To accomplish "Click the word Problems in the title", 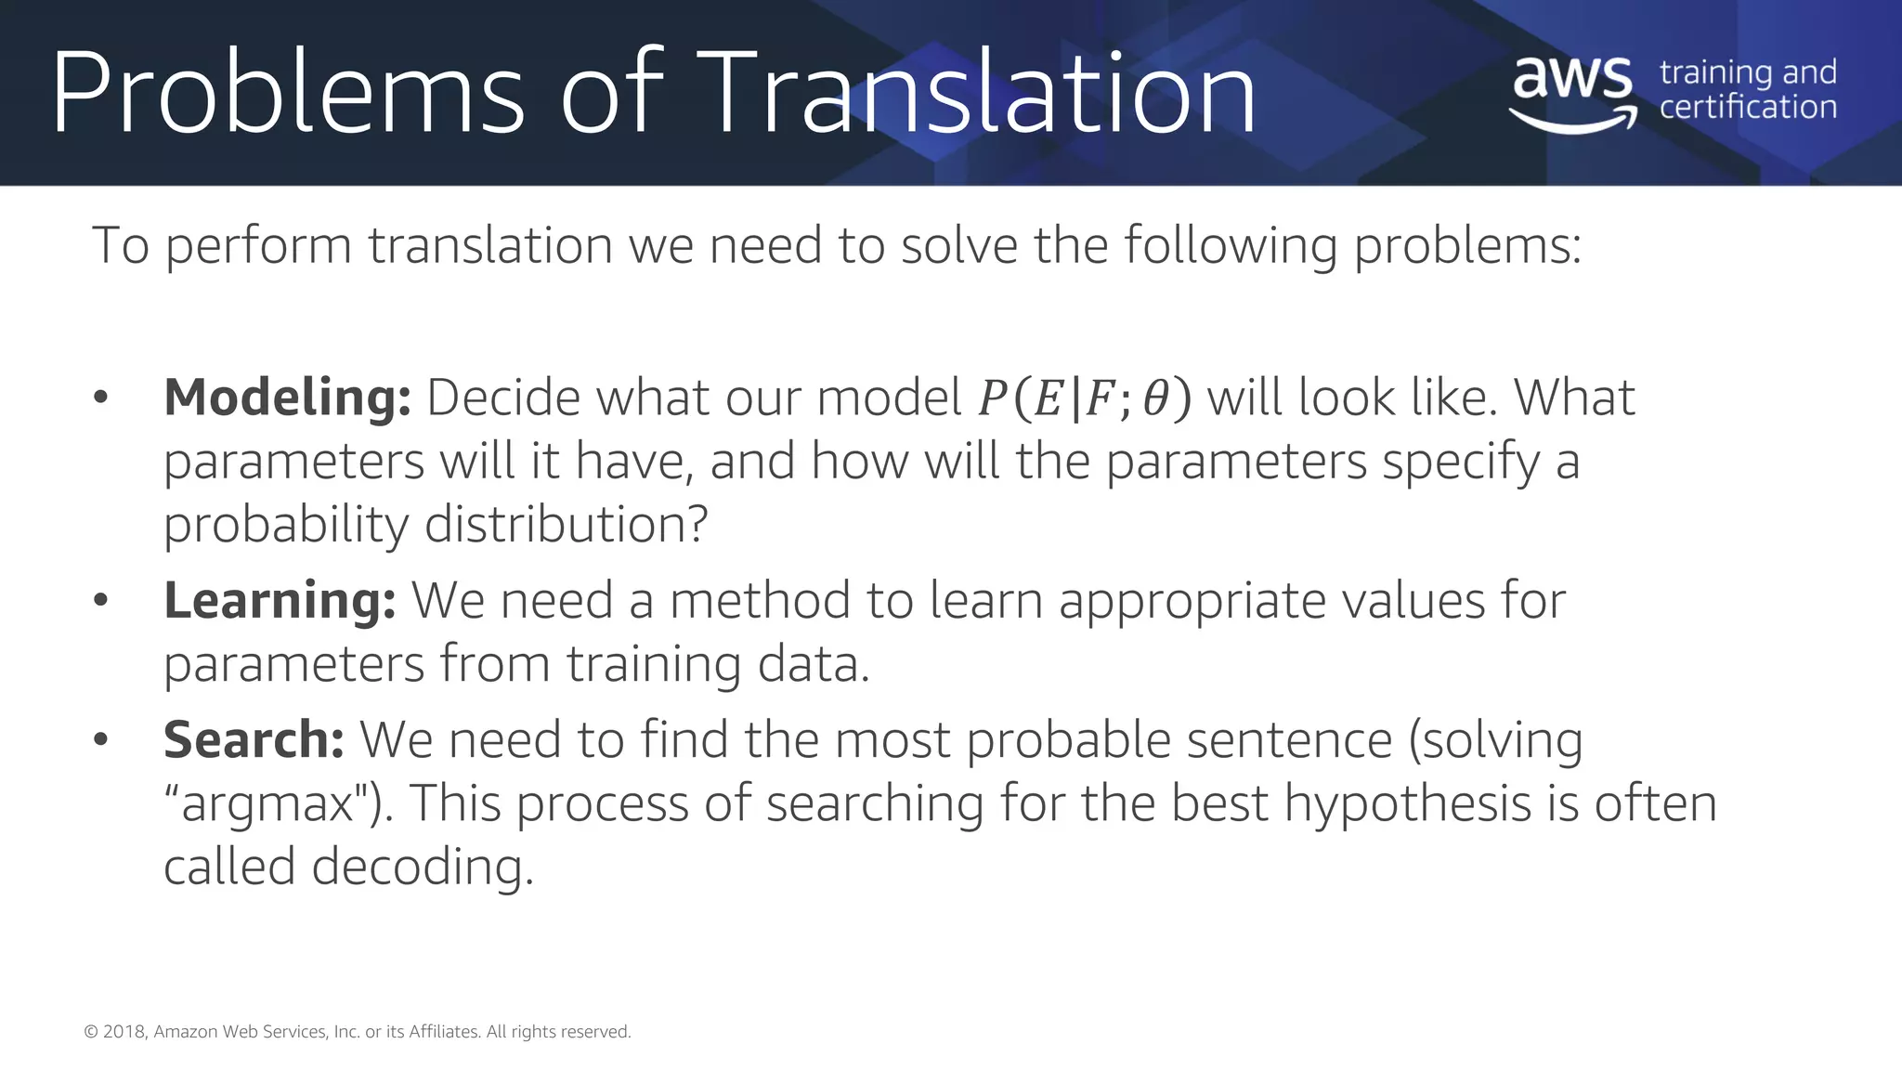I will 288,93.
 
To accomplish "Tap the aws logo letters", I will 1571,78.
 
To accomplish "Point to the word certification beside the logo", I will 1748,108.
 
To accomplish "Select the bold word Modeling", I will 287,398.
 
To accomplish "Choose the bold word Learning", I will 280,600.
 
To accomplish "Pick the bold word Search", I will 254,739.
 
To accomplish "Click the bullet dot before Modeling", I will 101,398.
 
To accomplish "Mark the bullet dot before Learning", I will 101,600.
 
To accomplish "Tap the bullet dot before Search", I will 101,739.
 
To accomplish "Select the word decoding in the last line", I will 423,868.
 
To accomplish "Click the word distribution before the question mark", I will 556,525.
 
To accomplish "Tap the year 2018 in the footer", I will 124,1032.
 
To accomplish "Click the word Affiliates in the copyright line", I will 444,1032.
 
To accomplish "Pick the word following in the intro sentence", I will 1230,246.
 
